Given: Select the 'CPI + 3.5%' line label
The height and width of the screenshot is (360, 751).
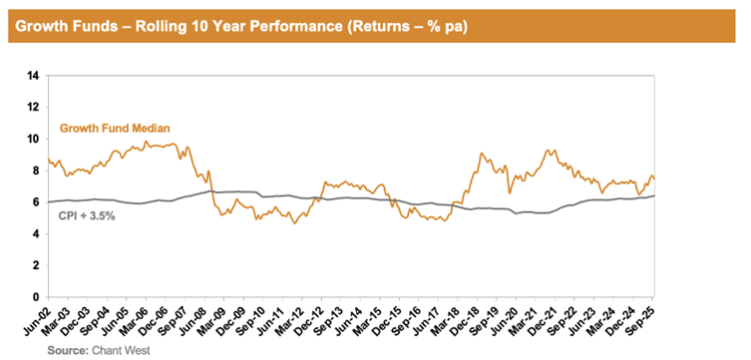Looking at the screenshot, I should coord(88,215).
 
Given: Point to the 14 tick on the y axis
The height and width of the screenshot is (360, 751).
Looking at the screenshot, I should coord(34,75).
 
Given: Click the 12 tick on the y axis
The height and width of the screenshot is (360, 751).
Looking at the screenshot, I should coord(34,107).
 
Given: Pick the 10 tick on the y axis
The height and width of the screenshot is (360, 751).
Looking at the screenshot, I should coord(34,139).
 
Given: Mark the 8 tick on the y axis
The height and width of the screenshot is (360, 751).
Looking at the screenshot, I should coord(36,171).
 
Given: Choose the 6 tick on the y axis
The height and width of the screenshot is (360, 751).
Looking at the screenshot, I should coord(36,202).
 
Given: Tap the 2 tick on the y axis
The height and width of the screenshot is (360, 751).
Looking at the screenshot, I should coord(36,265).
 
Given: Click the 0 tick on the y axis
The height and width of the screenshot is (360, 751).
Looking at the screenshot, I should coord(36,297).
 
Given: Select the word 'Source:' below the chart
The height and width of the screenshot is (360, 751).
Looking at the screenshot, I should coord(69,350).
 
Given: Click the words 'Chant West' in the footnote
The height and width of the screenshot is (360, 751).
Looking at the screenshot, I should coord(118,350).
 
